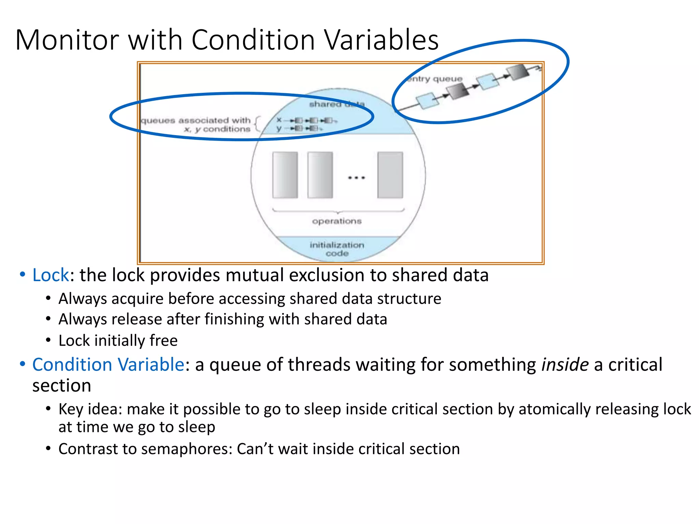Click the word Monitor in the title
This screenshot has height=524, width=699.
(x=67, y=40)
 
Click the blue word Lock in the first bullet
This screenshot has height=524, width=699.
(x=51, y=275)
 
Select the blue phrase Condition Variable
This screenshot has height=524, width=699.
(x=108, y=364)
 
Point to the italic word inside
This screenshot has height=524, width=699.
(x=565, y=364)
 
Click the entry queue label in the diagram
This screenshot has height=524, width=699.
(x=435, y=79)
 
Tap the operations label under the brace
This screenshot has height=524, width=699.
(x=337, y=221)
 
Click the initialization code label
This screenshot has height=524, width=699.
(x=337, y=249)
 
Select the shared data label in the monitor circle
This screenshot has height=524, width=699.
(x=337, y=104)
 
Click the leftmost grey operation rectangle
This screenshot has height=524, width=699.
(x=285, y=175)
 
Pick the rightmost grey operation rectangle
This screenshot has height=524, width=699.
(x=390, y=175)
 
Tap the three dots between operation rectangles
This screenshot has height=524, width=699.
(x=356, y=178)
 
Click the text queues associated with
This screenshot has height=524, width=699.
(x=196, y=120)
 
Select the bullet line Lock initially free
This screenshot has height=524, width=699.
(x=118, y=340)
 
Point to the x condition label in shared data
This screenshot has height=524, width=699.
(x=279, y=120)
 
